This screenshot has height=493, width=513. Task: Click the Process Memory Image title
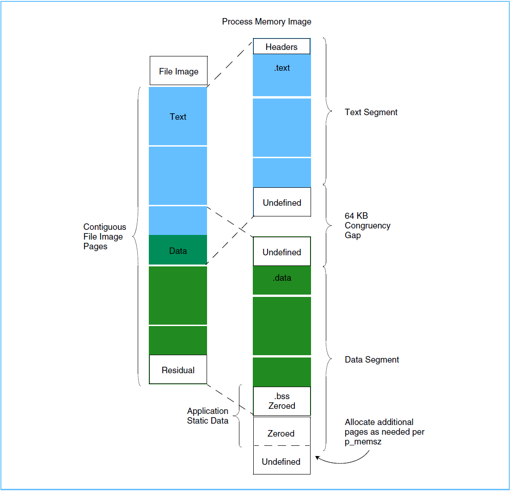coord(267,22)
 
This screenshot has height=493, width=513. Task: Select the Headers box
coord(281,47)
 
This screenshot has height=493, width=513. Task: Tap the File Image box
coord(178,71)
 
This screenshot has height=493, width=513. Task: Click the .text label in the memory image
coord(281,68)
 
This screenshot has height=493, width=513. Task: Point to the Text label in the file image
coord(178,117)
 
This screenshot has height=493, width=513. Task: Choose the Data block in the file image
coord(178,251)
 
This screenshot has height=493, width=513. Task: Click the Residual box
coord(178,370)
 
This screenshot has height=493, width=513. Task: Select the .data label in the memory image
coord(281,278)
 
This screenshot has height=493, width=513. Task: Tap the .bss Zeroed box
coord(281,401)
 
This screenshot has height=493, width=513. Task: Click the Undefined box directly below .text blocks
coord(282,203)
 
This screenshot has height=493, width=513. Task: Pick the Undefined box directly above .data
coord(281,252)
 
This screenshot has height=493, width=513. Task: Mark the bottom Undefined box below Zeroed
coord(281,462)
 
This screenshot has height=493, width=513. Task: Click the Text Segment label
coord(371,112)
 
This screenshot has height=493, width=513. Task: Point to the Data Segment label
coord(372,360)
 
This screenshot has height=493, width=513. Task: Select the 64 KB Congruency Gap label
coord(367,226)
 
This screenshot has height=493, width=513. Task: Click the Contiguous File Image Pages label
coord(104,237)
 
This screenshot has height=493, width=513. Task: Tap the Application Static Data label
coord(208,416)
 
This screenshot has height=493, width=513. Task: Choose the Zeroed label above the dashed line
coord(281,433)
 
